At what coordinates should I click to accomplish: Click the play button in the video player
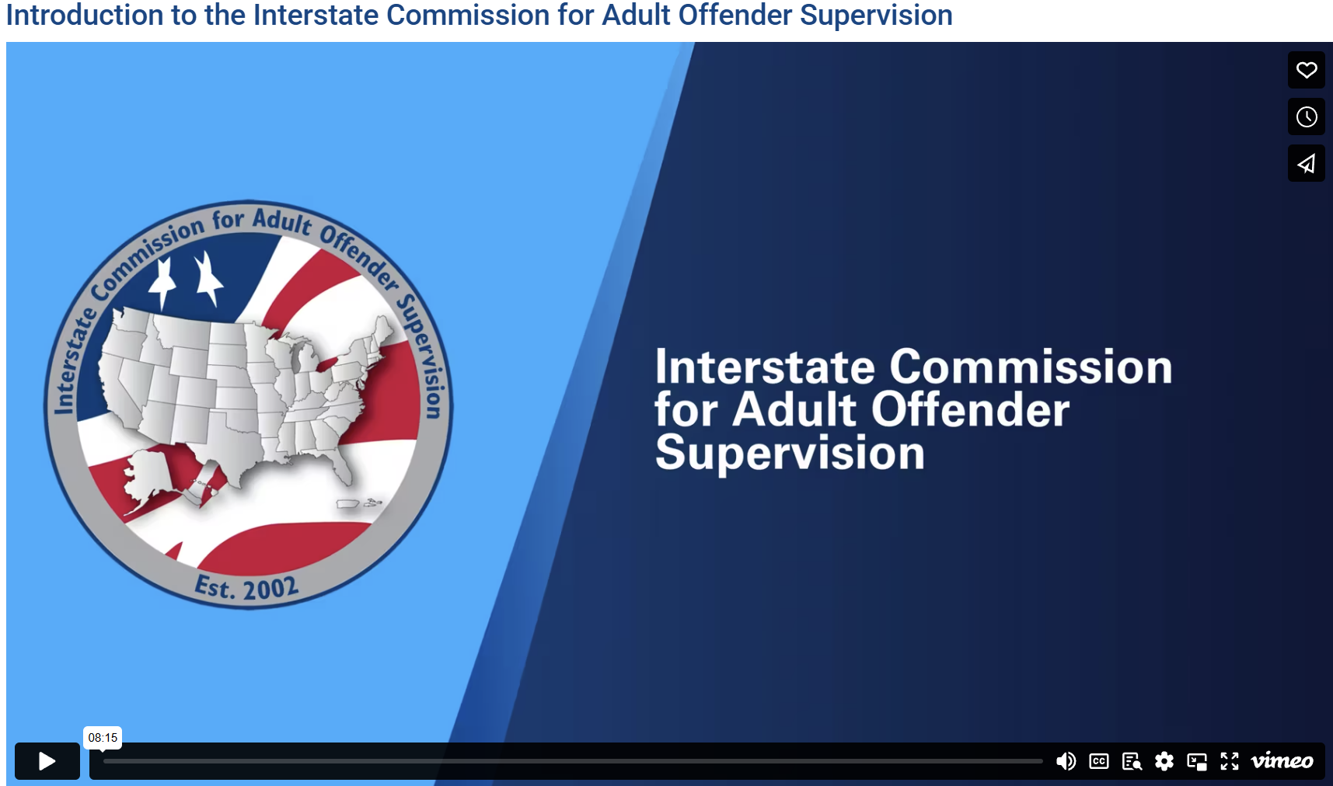(x=47, y=761)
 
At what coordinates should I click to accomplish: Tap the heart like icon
(x=1307, y=70)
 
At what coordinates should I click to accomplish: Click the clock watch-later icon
(x=1307, y=117)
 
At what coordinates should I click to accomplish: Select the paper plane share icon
(x=1307, y=163)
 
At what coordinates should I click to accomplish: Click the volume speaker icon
(x=1066, y=761)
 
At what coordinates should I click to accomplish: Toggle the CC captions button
(x=1099, y=761)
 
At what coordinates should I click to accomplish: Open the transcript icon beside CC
(x=1132, y=761)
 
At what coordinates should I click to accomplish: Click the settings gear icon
(x=1164, y=761)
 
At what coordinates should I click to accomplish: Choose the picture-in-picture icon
(x=1197, y=761)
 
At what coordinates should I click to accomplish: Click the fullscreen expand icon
(x=1230, y=761)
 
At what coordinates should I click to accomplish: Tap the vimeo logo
(x=1282, y=761)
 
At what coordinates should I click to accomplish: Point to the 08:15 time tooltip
(x=103, y=737)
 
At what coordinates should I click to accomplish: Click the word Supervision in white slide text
(x=790, y=454)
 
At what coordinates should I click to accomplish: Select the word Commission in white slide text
(x=1031, y=367)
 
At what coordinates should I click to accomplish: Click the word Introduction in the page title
(x=85, y=15)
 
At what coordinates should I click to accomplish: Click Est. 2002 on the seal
(x=246, y=588)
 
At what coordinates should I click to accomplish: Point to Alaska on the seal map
(x=148, y=475)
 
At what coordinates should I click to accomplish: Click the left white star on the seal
(x=162, y=283)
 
